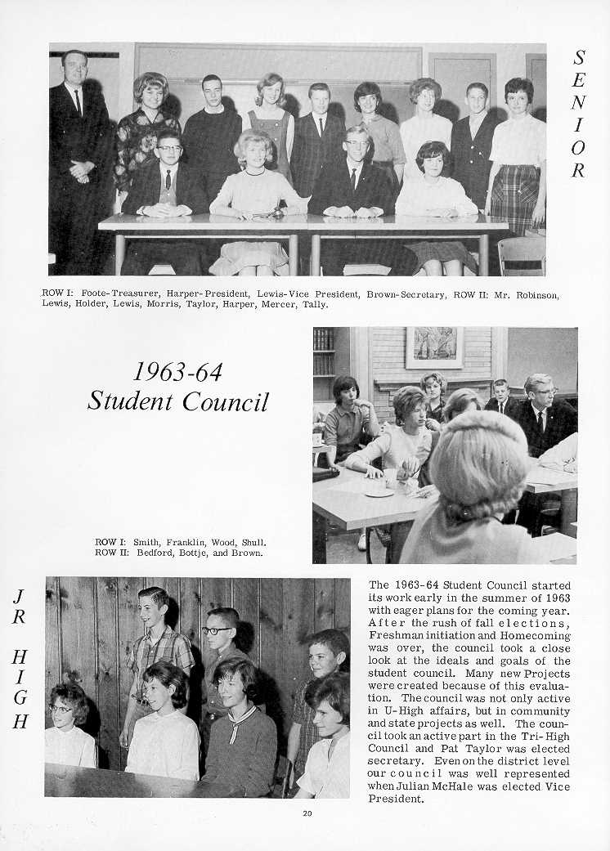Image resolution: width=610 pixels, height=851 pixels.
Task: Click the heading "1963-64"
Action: [177, 372]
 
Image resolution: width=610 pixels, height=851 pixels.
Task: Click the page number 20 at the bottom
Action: [306, 813]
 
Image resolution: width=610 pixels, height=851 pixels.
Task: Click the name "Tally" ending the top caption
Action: [316, 304]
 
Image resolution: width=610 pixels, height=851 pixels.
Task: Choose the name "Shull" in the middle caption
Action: [252, 542]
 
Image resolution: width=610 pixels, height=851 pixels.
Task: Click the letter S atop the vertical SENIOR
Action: [579, 57]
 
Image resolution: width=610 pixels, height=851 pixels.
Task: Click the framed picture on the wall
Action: [433, 347]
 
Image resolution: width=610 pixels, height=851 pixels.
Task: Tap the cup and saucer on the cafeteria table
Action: [379, 490]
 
